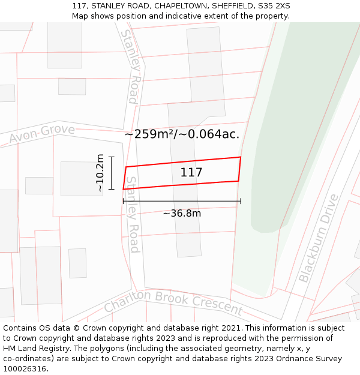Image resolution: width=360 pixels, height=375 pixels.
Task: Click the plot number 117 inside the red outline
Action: coord(191,173)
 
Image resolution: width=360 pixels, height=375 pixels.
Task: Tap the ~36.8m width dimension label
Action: coord(182,213)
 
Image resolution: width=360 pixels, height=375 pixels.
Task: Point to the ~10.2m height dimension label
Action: coord(100,173)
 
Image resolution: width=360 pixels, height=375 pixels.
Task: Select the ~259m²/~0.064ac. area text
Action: coord(182,134)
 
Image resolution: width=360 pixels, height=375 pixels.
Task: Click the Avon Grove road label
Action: coord(42,134)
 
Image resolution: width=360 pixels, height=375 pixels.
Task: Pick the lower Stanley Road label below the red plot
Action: coord(133,214)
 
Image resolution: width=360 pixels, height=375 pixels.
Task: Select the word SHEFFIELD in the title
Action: coord(232,5)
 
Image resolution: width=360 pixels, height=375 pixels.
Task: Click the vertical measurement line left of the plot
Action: coord(111,173)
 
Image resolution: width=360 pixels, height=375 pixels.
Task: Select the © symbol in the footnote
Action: coord(77,328)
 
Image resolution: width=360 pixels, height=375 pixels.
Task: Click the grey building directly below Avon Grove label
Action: coord(81,178)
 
